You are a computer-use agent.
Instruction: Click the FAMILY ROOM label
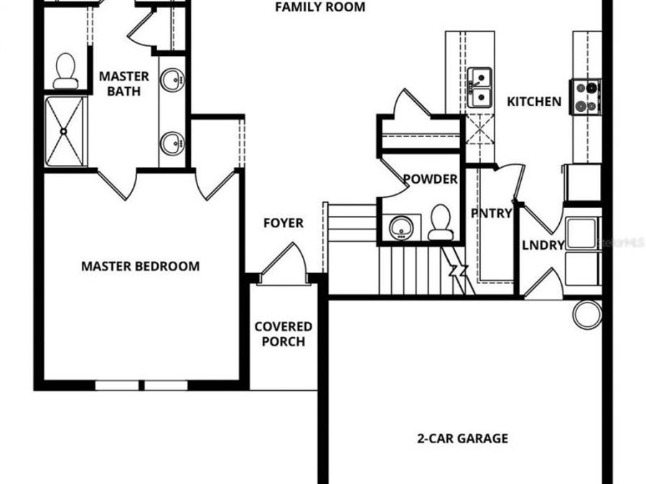click(x=320, y=8)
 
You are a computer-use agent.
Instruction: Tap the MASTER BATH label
click(x=124, y=83)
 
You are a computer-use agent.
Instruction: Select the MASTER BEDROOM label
click(x=140, y=266)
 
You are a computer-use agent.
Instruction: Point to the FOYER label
click(x=283, y=223)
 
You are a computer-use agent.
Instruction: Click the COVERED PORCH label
click(x=283, y=334)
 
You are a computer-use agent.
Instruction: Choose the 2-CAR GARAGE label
click(x=463, y=438)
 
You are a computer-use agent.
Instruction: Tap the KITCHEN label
click(x=534, y=102)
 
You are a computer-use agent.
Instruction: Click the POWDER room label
click(x=430, y=179)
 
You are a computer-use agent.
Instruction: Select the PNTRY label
click(x=492, y=213)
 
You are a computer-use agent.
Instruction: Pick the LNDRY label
click(x=543, y=245)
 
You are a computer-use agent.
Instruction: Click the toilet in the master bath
click(x=66, y=70)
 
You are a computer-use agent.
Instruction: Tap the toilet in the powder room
click(x=439, y=222)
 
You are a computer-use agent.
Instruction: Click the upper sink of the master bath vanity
click(x=172, y=80)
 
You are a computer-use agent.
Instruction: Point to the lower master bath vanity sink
click(x=172, y=143)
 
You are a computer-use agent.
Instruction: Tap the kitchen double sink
click(x=479, y=87)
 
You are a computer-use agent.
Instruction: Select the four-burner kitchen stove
click(x=586, y=97)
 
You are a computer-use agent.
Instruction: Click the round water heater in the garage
click(x=587, y=314)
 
